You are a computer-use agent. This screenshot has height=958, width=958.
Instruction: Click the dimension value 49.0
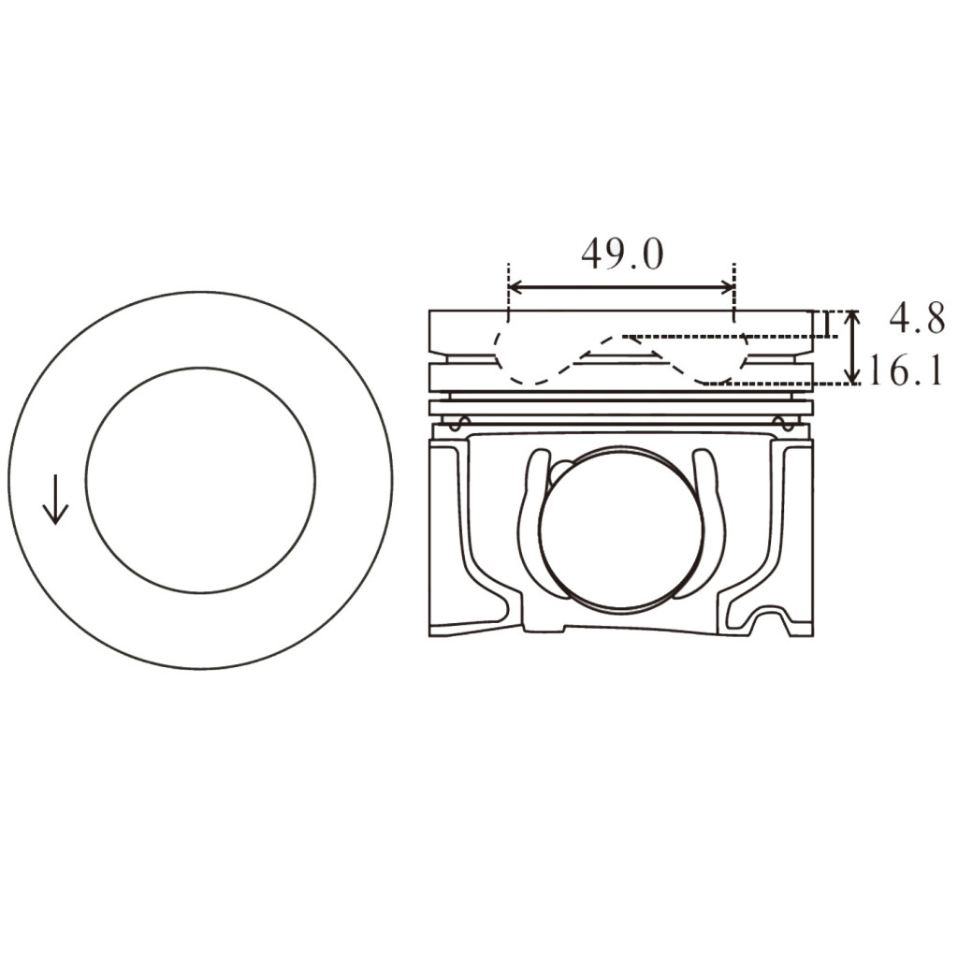pyautogui.click(x=621, y=254)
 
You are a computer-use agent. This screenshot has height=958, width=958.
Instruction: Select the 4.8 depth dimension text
pyautogui.click(x=916, y=319)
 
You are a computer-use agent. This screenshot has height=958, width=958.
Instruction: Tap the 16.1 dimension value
pyautogui.click(x=905, y=370)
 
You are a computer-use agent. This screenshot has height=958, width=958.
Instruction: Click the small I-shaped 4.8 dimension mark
pyautogui.click(x=827, y=324)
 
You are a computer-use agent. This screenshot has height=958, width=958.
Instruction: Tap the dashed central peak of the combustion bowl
pyautogui.click(x=619, y=341)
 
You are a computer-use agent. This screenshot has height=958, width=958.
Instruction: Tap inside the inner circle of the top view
pyautogui.click(x=200, y=480)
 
